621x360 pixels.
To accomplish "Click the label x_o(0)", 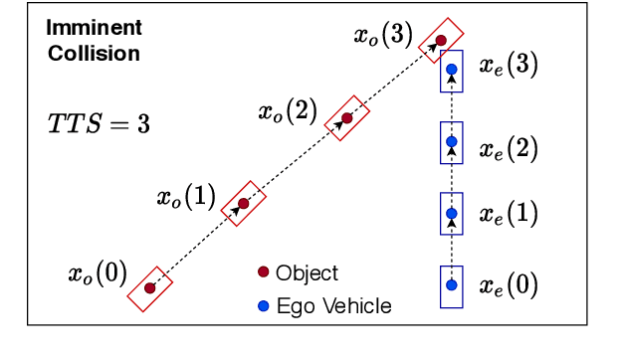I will click(x=97, y=272).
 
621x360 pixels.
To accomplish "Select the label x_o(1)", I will click(x=185, y=196).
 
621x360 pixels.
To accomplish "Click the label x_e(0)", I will click(x=509, y=285).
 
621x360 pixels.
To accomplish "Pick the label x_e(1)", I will click(x=509, y=214).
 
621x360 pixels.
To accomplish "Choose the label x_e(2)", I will click(x=509, y=149).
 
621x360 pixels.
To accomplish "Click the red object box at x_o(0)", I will click(x=150, y=288).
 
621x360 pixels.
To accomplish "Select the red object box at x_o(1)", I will click(x=243, y=204).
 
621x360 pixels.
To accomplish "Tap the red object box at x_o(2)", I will click(x=346, y=118).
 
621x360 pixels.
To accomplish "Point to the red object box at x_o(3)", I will click(x=439, y=41).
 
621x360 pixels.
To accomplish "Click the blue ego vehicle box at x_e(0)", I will click(x=452, y=285).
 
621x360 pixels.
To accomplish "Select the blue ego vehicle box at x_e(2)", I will click(x=452, y=143).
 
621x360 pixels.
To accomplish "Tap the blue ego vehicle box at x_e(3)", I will click(x=452, y=71).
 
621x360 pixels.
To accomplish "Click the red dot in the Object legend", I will click(x=264, y=272).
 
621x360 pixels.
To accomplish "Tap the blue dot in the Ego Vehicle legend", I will click(x=264, y=305).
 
